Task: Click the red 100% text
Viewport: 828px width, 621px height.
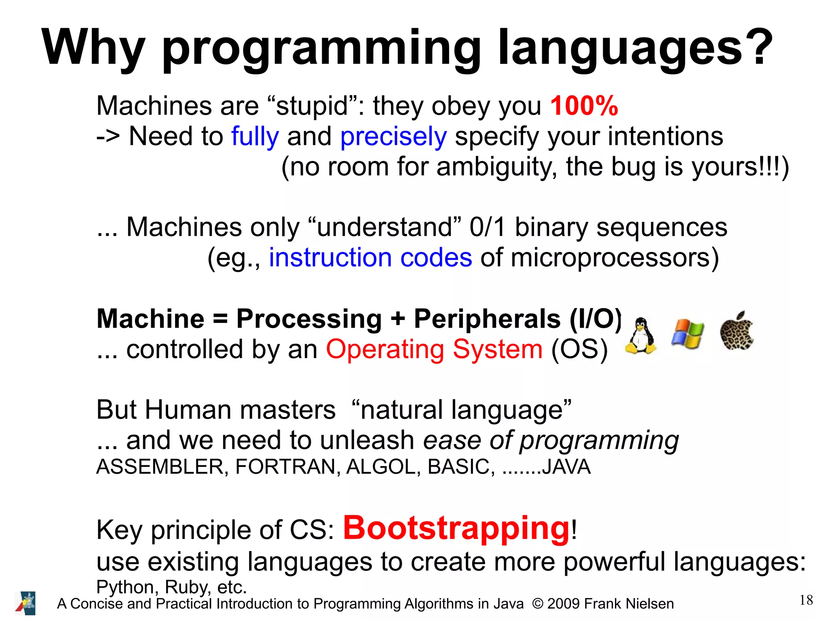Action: pyautogui.click(x=584, y=106)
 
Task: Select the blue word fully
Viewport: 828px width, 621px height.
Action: pyautogui.click(x=255, y=136)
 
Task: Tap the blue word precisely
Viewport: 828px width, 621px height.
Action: pyautogui.click(x=393, y=137)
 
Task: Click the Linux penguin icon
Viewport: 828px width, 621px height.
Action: pyautogui.click(x=640, y=335)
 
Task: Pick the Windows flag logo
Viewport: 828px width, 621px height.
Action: pyautogui.click(x=687, y=334)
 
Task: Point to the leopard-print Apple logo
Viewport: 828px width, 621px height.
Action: pyautogui.click(x=736, y=331)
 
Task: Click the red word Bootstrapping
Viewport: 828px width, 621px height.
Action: pyautogui.click(x=456, y=528)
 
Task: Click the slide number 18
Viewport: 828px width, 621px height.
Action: pyautogui.click(x=806, y=600)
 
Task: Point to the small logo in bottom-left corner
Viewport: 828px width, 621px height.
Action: pyautogui.click(x=25, y=603)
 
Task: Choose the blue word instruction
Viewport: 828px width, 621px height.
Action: pyautogui.click(x=330, y=258)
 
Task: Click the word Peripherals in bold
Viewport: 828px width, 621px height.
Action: pyautogui.click(x=487, y=319)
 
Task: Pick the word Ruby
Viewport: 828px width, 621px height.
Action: pyautogui.click(x=188, y=587)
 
